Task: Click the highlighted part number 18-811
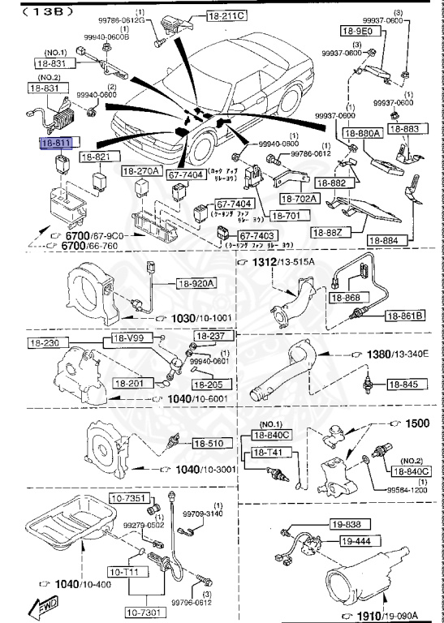pyautogui.click(x=56, y=144)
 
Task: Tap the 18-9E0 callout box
pyautogui.click(x=356, y=32)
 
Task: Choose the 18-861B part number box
pyautogui.click(x=406, y=315)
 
